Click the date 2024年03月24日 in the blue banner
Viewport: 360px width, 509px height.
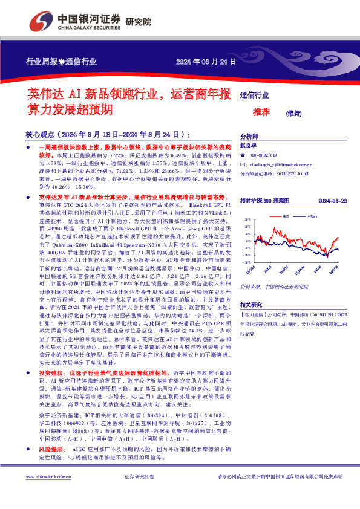tap(204, 62)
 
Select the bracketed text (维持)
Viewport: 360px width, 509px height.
tap(294, 112)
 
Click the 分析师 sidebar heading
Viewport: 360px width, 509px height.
tap(249, 137)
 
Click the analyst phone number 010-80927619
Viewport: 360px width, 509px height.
tap(267, 155)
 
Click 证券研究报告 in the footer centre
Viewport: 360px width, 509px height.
tap(139, 494)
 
